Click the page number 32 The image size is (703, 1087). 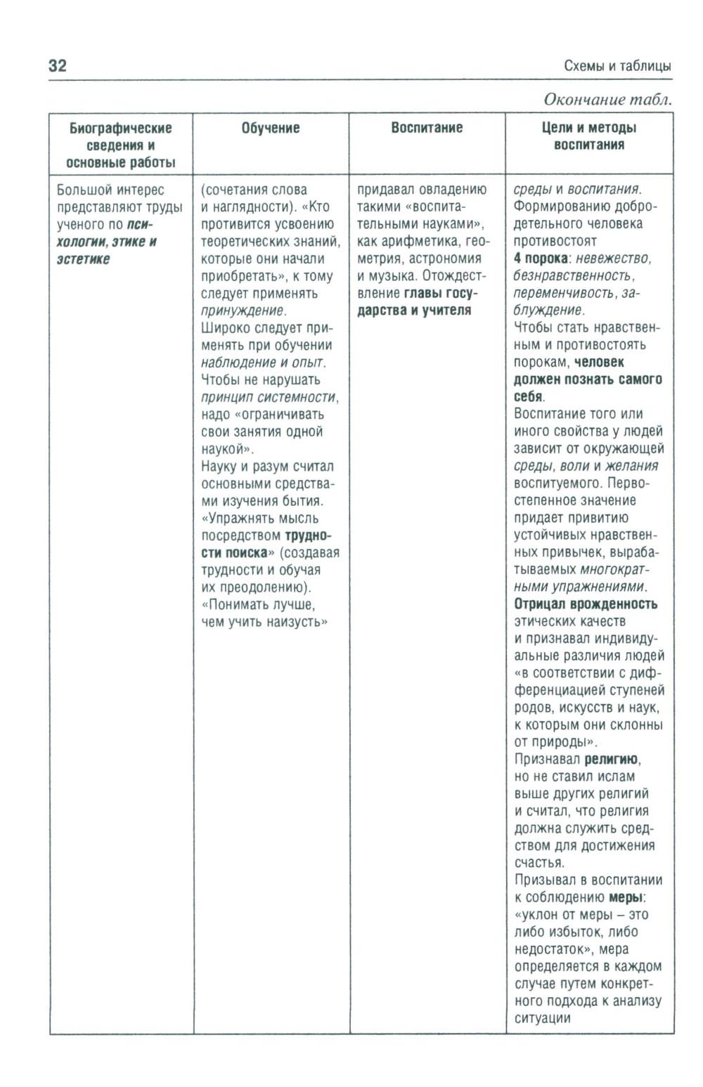tap(57, 66)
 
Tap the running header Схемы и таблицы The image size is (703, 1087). tap(617, 66)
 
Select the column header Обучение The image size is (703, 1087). tap(271, 128)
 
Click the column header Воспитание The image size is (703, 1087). tap(427, 128)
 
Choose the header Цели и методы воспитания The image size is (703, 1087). tap(589, 136)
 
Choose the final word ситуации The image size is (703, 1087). tap(542, 1018)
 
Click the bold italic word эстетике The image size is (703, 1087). tap(84, 259)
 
